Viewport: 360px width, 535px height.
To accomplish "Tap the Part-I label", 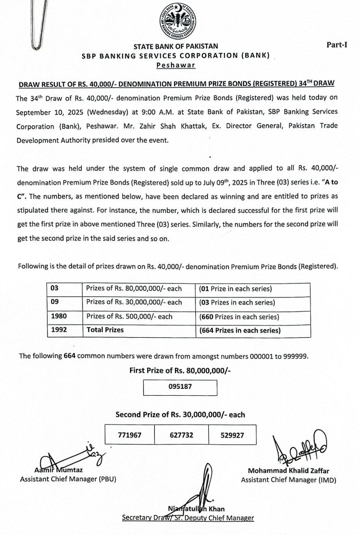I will [337, 45].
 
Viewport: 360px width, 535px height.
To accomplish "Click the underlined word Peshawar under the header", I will [176, 65].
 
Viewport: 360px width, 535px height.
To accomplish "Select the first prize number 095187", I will [180, 387].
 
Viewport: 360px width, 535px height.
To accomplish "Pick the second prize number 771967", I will [130, 435].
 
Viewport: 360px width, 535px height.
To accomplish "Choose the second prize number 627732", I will [182, 435].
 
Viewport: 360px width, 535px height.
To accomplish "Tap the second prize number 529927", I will [232, 435].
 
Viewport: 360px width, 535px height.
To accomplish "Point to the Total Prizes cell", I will [105, 330].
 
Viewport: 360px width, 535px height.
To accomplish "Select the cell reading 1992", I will [59, 330].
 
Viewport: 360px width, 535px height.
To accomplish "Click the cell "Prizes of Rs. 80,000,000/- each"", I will [134, 288].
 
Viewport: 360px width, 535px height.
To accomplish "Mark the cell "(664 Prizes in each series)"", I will [240, 330].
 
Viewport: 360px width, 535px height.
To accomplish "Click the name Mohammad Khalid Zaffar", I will [288, 471].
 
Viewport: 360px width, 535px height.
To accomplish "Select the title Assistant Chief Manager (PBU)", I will [68, 479].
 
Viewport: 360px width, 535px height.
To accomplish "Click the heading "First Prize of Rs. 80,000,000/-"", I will [180, 370].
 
